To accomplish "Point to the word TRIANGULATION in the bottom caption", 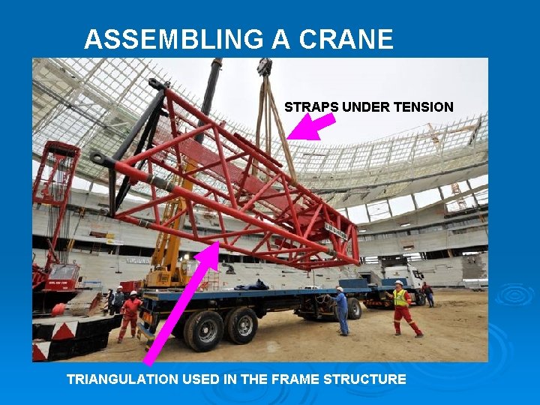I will (123, 379).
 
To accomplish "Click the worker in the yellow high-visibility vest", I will (403, 307).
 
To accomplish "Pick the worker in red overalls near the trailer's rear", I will (130, 315).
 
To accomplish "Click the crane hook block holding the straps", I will (264, 67).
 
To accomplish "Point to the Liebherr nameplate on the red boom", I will (335, 233).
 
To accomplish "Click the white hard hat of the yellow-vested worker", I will (399, 284).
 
